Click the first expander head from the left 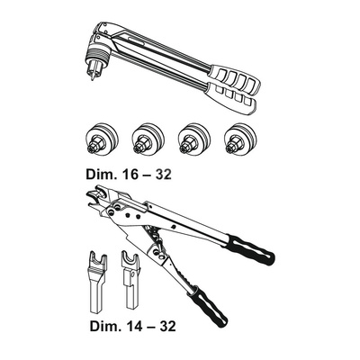[102, 139]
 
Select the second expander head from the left [148, 139]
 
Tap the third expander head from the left [195, 139]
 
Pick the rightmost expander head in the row [241, 139]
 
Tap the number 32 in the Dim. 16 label [162, 174]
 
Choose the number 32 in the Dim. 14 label [166, 326]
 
